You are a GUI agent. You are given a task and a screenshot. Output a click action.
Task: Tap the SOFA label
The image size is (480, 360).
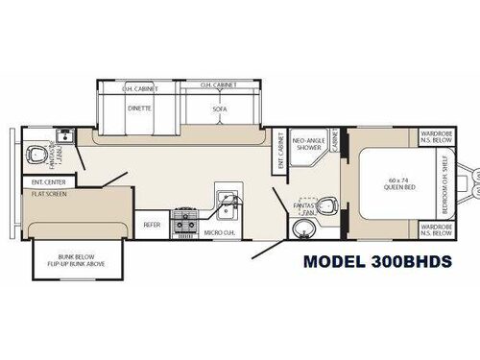(219, 110)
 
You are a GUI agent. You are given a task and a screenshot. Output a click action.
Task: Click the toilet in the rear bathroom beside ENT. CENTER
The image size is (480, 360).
(37, 154)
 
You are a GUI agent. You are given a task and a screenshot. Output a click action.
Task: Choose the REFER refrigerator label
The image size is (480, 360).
(151, 224)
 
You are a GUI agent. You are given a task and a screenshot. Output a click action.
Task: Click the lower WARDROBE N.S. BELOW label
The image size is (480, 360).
(436, 229)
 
